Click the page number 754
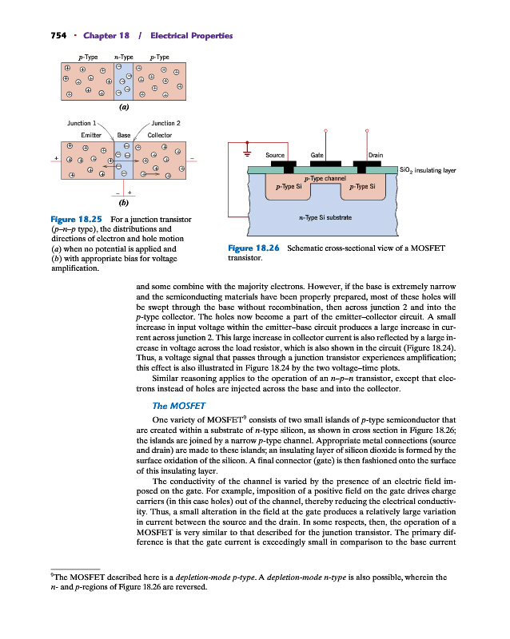coord(40,37)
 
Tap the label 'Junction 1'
coord(82,123)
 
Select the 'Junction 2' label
coord(165,123)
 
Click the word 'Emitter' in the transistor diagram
coord(80,135)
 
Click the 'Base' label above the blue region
coord(124,135)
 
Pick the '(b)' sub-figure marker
coord(124,203)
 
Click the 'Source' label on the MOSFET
coord(275,155)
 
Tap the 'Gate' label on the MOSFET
coord(317,155)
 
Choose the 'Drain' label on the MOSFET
coord(377,155)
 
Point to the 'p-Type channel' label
coord(325,178)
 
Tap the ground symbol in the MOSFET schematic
coord(248,153)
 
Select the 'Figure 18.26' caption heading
coord(253,248)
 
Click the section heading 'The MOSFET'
coord(178,407)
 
